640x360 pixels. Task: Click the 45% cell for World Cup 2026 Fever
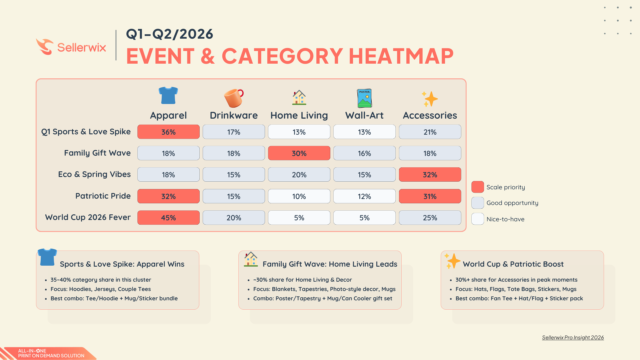168,218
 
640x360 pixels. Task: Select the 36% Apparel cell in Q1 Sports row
168,132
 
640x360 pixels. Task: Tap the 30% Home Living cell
299,153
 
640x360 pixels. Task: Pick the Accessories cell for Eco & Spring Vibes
430,175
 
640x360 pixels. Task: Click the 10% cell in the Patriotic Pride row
299,196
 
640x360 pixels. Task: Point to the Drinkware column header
234,115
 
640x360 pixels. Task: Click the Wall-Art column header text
364,115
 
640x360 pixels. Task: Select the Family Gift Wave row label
97,153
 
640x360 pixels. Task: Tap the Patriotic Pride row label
103,196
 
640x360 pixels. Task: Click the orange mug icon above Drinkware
234,98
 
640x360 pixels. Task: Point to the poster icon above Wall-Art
364,98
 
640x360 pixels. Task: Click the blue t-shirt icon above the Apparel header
168,96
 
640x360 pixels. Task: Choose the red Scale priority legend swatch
477,187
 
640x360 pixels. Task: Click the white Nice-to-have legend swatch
477,219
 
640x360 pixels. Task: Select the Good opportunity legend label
512,203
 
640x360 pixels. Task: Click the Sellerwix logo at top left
71,47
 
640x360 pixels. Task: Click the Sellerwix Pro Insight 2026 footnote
573,338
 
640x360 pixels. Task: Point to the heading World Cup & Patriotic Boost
513,264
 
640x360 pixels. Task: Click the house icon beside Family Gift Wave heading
251,259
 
